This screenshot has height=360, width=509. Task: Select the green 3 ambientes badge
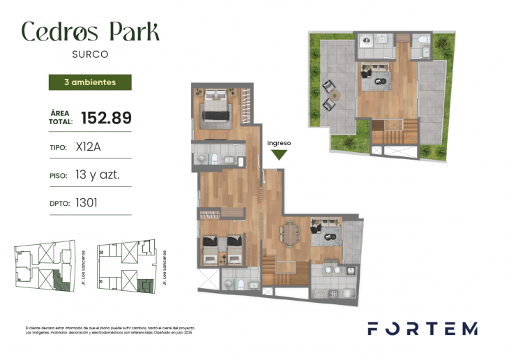[90, 82]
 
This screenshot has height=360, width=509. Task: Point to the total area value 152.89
[106, 118]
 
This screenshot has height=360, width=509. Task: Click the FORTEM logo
[423, 329]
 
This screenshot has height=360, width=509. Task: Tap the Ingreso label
[278, 142]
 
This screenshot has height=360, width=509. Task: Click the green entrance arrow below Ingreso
[278, 155]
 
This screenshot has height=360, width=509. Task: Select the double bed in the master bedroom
[220, 109]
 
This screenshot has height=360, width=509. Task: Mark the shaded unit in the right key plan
[144, 286]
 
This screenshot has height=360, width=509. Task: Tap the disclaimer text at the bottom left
[109, 330]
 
